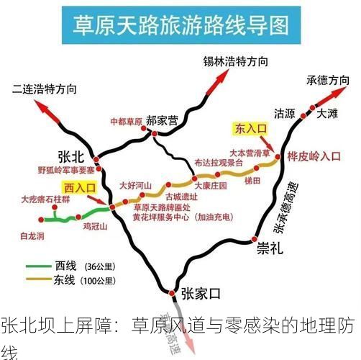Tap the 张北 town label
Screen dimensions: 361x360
pyautogui.click(x=71, y=157)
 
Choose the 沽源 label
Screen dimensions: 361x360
pyautogui.click(x=285, y=114)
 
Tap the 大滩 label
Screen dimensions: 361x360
pyautogui.click(x=326, y=113)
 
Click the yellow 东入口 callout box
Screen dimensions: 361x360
pyautogui.click(x=251, y=129)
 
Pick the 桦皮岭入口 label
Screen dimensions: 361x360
pyautogui.click(x=314, y=155)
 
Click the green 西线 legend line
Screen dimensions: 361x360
pyautogui.click(x=39, y=265)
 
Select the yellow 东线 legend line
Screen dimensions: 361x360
pyautogui.click(x=39, y=279)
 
